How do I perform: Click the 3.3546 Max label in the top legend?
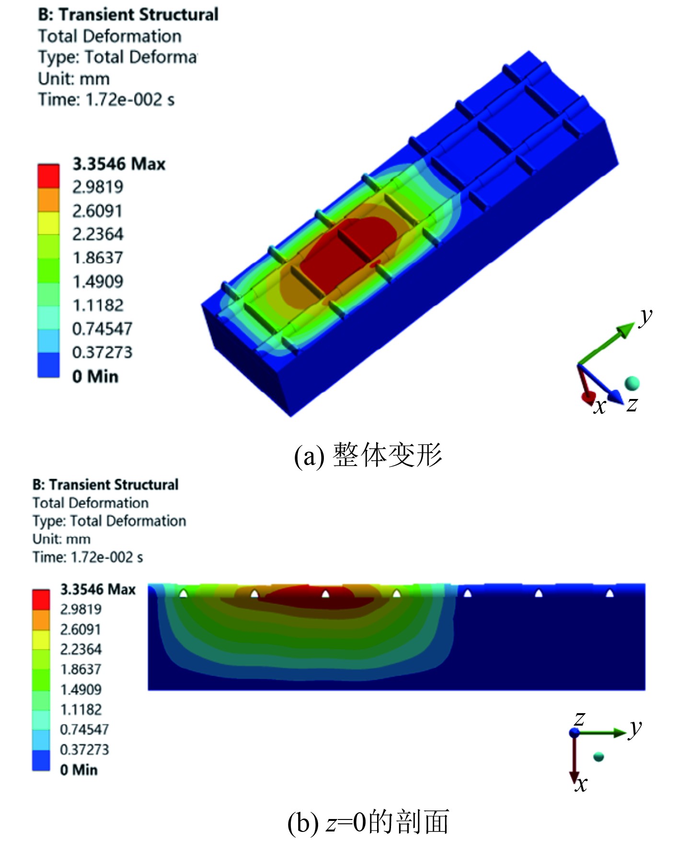pyautogui.click(x=119, y=164)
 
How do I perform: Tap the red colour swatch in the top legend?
pyautogui.click(x=48, y=176)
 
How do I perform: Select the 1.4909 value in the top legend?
pyautogui.click(x=98, y=282)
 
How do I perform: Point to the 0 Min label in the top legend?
pyautogui.click(x=95, y=376)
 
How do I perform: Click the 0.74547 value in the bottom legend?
pyautogui.click(x=84, y=729)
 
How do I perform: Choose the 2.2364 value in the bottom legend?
pyautogui.click(x=81, y=649)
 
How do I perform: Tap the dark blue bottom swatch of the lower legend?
pyautogui.click(x=41, y=760)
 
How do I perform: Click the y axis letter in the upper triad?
pyautogui.click(x=646, y=317)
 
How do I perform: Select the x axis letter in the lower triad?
pyautogui.click(x=581, y=784)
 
